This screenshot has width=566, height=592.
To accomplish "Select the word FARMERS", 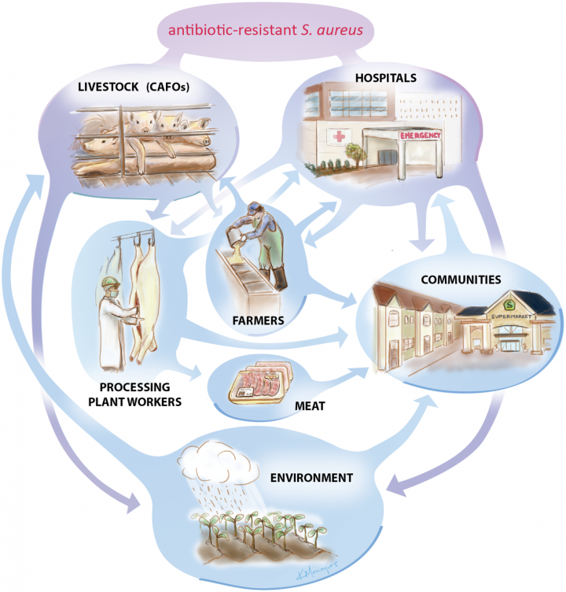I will tap(255, 321).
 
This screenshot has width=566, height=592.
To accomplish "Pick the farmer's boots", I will tap(279, 277).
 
